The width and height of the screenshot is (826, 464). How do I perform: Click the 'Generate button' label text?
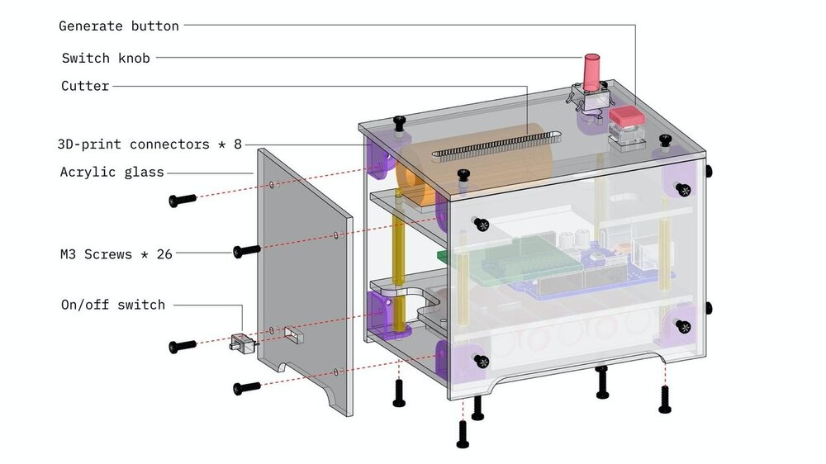click(x=119, y=26)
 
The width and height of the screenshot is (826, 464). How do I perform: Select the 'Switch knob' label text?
click(x=106, y=58)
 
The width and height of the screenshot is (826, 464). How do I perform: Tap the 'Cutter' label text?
click(x=85, y=86)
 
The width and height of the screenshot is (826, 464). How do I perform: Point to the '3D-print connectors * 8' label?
click(x=150, y=144)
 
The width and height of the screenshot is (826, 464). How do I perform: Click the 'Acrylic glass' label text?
click(x=112, y=172)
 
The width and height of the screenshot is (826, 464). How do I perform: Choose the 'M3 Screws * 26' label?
click(x=116, y=253)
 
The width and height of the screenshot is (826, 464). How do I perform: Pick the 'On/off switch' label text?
click(x=113, y=305)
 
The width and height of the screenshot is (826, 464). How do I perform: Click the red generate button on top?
click(x=626, y=117)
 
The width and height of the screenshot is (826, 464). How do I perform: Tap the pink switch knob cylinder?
click(x=592, y=72)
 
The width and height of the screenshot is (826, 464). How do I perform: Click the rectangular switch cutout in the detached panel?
click(x=293, y=334)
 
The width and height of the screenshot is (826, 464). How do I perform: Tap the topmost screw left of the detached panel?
click(x=182, y=200)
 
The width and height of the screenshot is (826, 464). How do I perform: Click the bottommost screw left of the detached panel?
click(x=246, y=386)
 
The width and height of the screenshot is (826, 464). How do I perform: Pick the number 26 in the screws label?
click(x=164, y=253)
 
